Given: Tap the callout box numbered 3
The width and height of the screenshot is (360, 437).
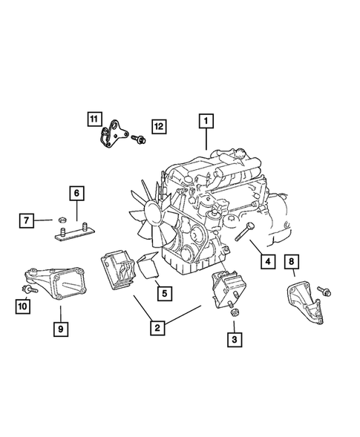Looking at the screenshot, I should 234,340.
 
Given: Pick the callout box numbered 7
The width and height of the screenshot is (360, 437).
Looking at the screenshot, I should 26,220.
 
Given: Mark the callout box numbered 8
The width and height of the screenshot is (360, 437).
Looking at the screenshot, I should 292,260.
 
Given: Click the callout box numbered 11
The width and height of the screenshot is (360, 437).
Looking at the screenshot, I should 93,119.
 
